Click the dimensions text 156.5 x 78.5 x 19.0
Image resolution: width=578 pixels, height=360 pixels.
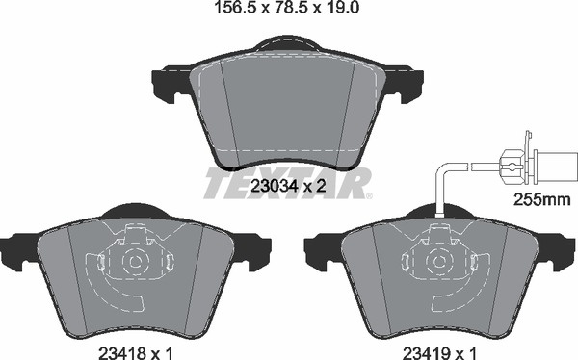coord(287,8)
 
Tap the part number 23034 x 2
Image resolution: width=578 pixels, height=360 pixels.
coord(288,186)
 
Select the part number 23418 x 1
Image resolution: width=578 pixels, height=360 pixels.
coord(136,353)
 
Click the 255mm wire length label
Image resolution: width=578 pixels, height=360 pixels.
coord(542,200)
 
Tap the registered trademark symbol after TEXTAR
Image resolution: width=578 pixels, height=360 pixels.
coord(369,195)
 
